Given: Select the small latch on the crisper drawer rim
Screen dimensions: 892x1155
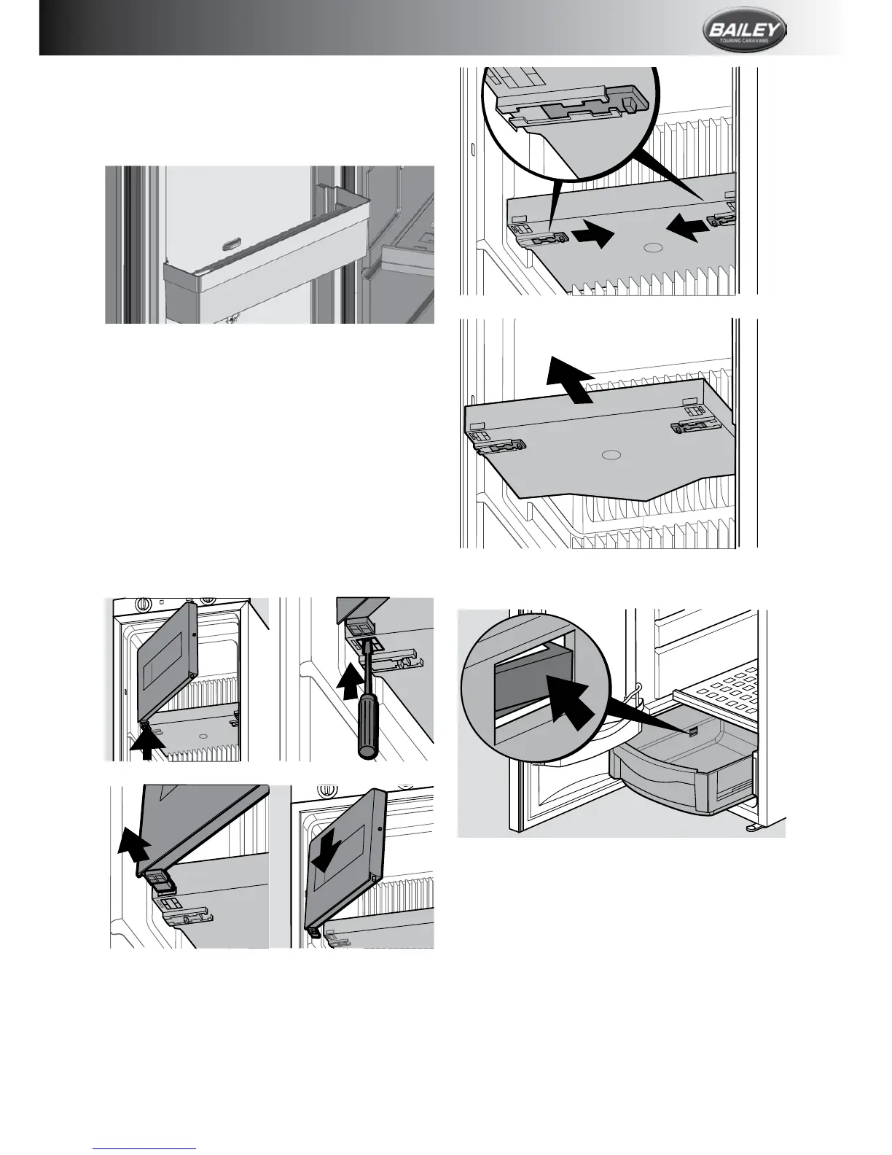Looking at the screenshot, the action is (x=694, y=730).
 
